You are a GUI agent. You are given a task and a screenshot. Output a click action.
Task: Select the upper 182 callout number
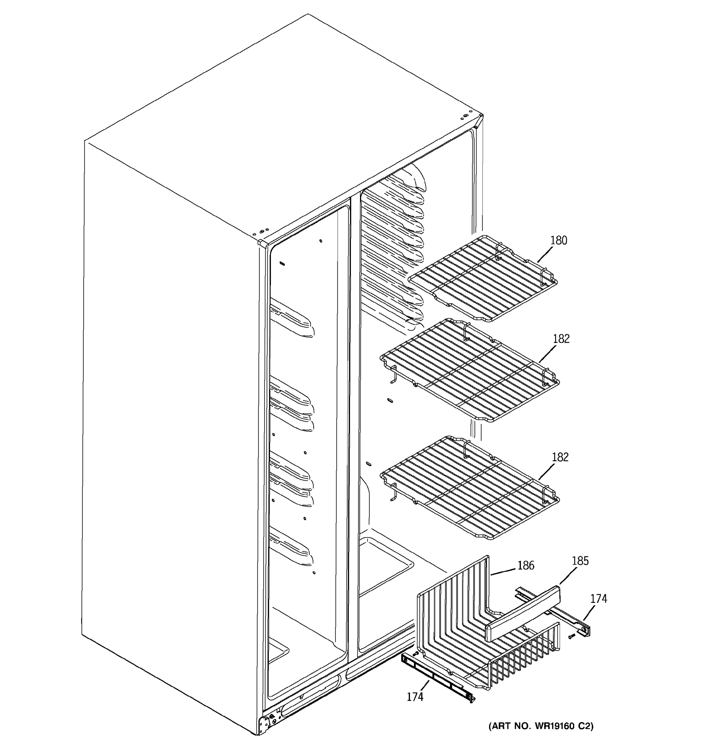point(561,339)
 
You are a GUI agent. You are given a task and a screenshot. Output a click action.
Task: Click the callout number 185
point(580,561)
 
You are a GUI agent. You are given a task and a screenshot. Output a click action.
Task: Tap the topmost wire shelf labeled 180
point(483,279)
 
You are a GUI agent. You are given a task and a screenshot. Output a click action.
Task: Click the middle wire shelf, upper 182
point(470,371)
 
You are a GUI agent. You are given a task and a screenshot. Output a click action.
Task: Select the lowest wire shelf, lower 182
point(470,489)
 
